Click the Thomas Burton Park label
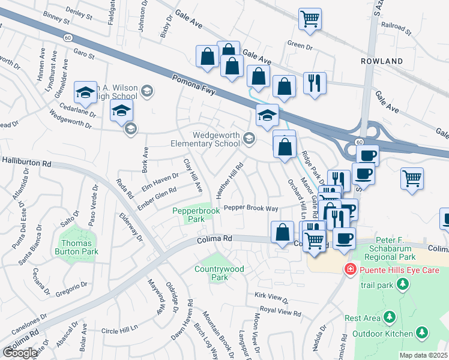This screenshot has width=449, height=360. tap(78, 248)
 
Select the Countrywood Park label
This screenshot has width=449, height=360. tap(219, 273)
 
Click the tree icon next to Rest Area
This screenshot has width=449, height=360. tap(390, 316)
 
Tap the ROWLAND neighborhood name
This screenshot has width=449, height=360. tap(382, 61)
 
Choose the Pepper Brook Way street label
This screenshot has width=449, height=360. tap(251, 208)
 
